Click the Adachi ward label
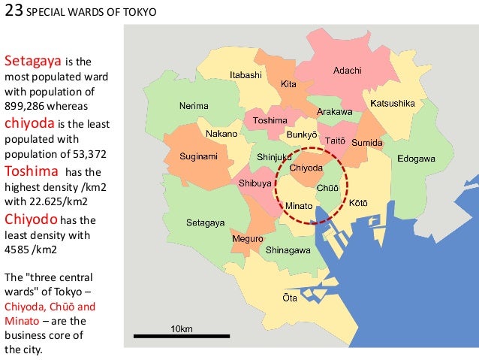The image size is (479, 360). [x=347, y=71]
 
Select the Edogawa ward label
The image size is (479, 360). [x=416, y=159]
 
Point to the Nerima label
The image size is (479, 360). [x=193, y=106]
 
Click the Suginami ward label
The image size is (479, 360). [x=198, y=157]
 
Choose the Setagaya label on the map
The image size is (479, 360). [x=205, y=223]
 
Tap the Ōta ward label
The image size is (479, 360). [x=289, y=298]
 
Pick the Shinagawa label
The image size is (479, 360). [x=289, y=250]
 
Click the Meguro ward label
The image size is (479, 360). [x=247, y=238]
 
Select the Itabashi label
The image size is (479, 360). [x=246, y=75]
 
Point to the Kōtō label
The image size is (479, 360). [x=358, y=202]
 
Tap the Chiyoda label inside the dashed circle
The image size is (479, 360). [x=306, y=168]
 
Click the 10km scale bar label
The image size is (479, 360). [x=182, y=329]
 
